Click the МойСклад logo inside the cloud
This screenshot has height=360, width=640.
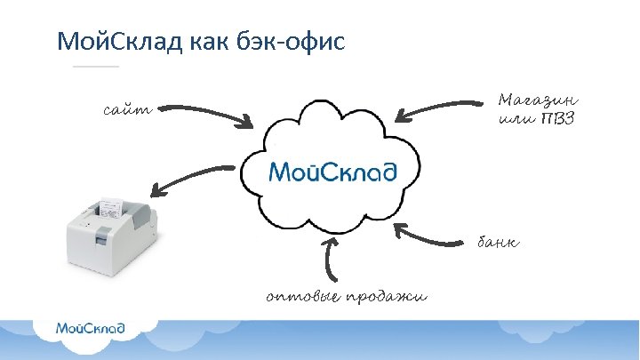pyautogui.click(x=332, y=170)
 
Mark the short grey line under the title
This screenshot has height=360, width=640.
pyautogui.click(x=95, y=67)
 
